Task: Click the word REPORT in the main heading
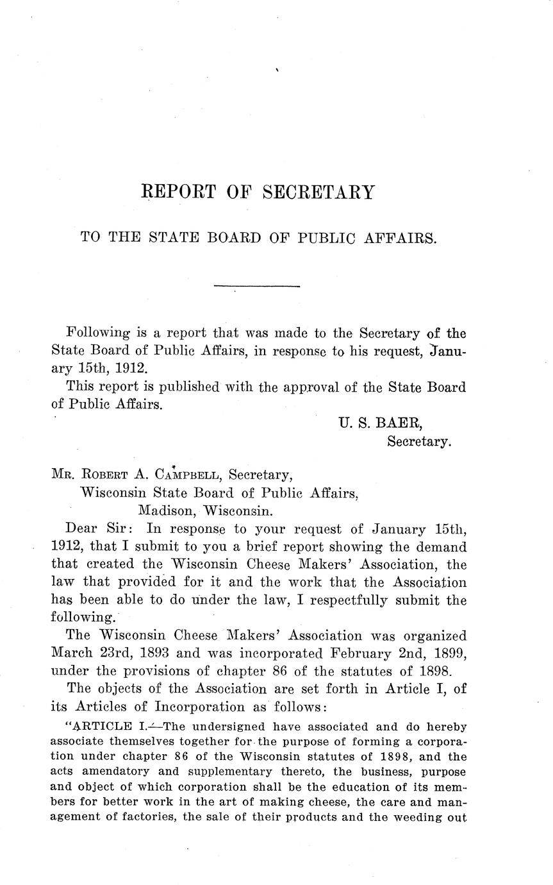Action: pyautogui.click(x=177, y=192)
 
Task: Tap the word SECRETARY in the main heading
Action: pyautogui.click(x=318, y=192)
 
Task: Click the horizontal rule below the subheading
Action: pyautogui.click(x=256, y=286)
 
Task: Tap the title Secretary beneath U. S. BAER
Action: pyautogui.click(x=419, y=442)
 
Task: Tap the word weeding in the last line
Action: pyautogui.click(x=423, y=816)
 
